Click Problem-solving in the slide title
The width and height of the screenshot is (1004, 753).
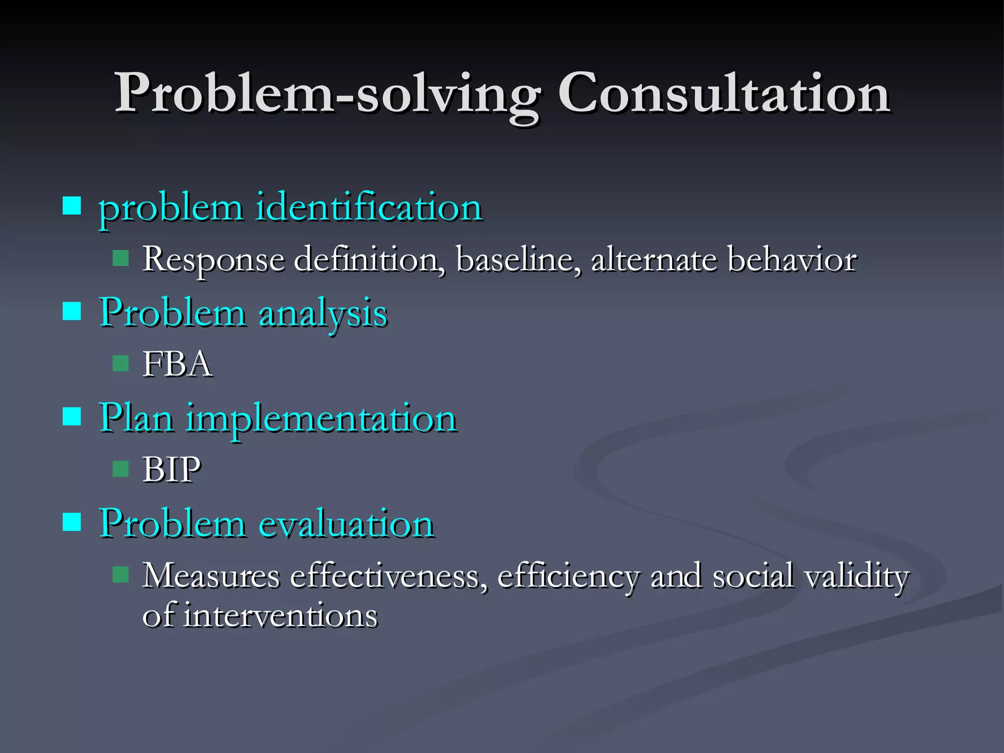(327, 93)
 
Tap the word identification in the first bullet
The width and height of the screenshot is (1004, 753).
(369, 208)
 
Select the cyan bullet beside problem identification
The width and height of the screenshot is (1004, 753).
(72, 206)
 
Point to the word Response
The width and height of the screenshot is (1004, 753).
(214, 259)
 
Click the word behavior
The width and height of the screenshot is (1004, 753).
(792, 259)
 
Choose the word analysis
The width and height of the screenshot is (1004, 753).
(323, 314)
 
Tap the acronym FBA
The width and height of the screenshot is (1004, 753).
(177, 364)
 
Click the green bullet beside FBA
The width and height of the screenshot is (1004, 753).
(121, 364)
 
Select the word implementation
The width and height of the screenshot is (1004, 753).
(321, 419)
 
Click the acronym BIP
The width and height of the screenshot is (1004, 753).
(172, 470)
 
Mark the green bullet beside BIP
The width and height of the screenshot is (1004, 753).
(121, 469)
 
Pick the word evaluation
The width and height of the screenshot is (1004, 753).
(346, 524)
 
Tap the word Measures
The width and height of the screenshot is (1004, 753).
(211, 576)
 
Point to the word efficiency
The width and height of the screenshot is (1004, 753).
(569, 577)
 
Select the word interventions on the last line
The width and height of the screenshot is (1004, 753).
(280, 616)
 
